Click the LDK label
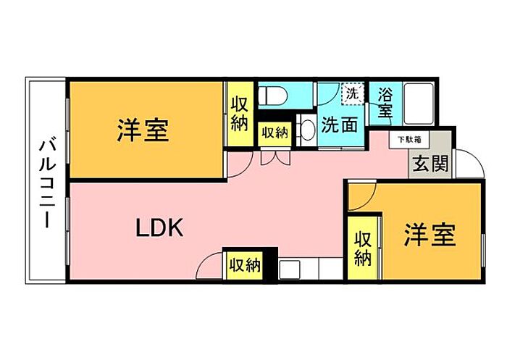pyautogui.click(x=161, y=228)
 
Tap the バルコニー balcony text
pyautogui.click(x=45, y=181)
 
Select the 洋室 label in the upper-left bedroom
pyautogui.click(x=143, y=130)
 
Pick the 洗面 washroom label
pyautogui.click(x=340, y=125)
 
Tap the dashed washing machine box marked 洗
pyautogui.click(x=351, y=93)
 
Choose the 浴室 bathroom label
pyautogui.click(x=385, y=102)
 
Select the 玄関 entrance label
pyautogui.click(x=430, y=163)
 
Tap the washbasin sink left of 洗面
pyautogui.click(x=307, y=130)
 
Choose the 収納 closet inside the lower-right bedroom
pyautogui.click(x=364, y=248)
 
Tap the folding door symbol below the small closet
pyautogui.click(x=274, y=156)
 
